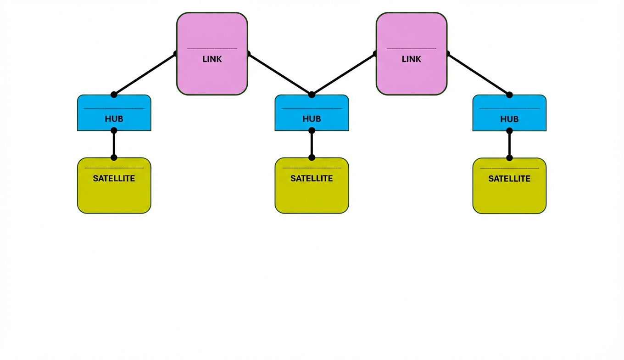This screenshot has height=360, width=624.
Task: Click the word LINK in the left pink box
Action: (212, 59)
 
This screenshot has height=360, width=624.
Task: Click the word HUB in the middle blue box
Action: (312, 119)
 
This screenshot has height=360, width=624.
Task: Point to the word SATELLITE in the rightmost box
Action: (509, 179)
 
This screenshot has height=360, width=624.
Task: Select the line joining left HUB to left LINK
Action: (145, 74)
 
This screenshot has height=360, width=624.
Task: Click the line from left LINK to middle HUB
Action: (280, 74)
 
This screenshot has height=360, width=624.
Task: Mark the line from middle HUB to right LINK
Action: (343, 74)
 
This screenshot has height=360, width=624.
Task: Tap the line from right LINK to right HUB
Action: (478, 74)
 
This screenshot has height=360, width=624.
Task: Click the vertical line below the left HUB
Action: (114, 144)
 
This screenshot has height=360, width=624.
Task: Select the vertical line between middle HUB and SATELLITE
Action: (312, 144)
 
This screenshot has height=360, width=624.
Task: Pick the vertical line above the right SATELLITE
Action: (509, 144)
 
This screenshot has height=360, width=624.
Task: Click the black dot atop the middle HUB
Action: (312, 95)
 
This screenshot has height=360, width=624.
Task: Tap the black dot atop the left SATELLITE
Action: (114, 157)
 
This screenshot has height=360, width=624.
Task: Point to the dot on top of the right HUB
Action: (509, 95)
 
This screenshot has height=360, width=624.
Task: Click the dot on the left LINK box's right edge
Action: (248, 54)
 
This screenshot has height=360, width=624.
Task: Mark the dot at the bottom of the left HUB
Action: (114, 130)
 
